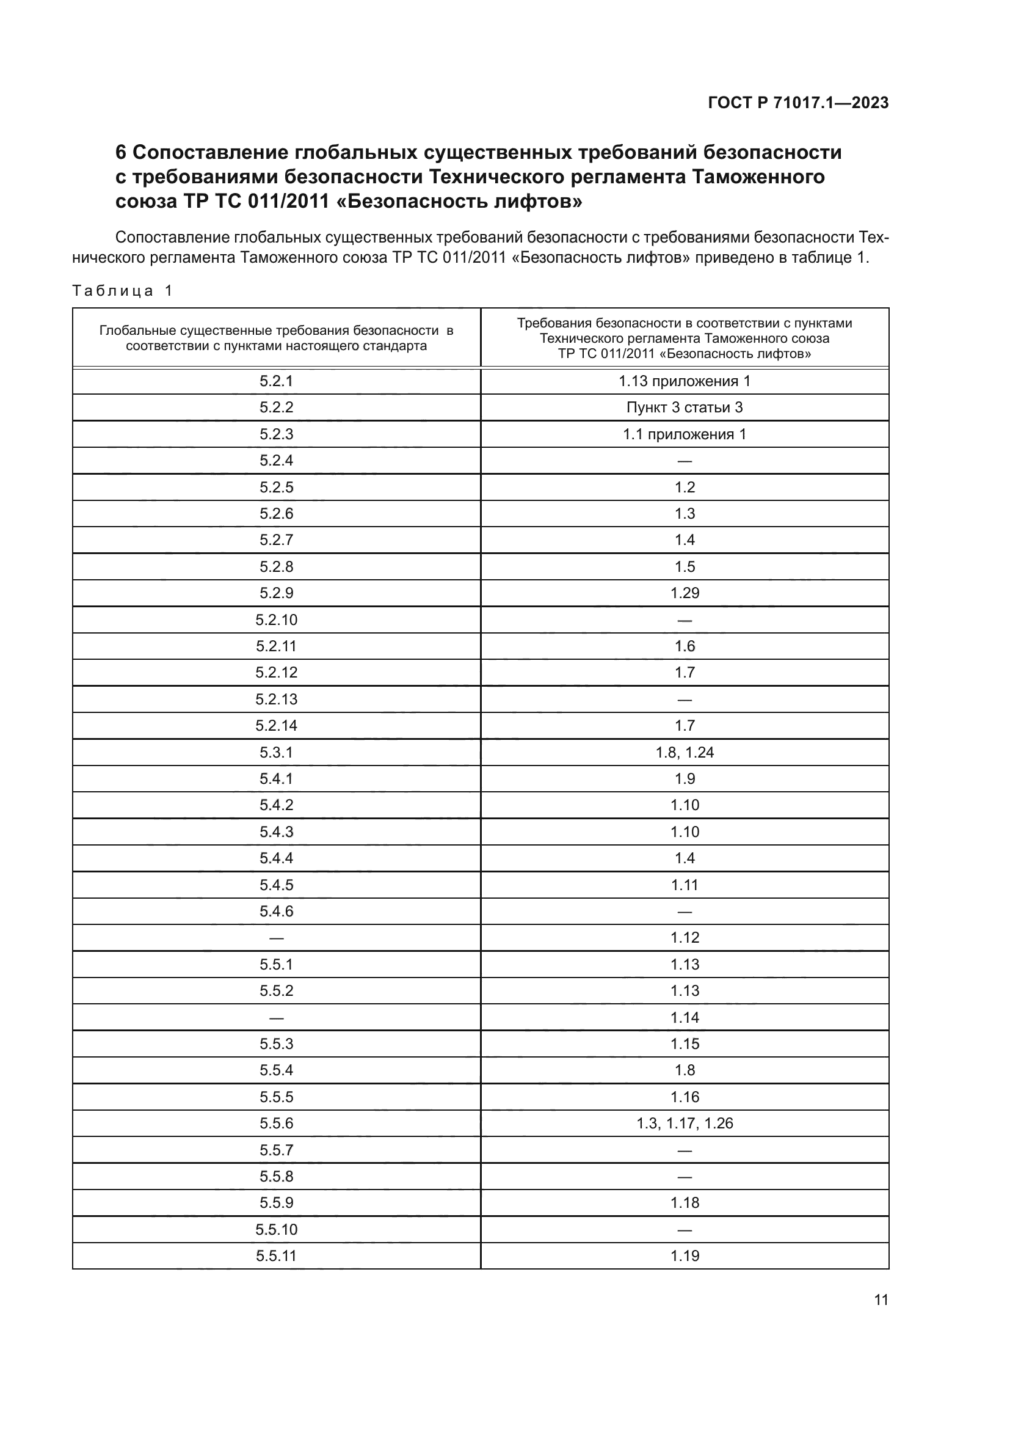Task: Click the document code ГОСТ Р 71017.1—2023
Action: pos(798,103)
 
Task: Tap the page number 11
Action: pos(881,1299)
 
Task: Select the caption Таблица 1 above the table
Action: pos(123,291)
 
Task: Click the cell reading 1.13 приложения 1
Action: pos(684,381)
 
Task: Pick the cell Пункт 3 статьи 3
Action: pos(684,407)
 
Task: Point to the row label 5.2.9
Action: pos(276,593)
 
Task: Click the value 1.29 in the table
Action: pos(684,593)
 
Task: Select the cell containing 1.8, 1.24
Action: pos(684,752)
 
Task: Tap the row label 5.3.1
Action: pos(276,752)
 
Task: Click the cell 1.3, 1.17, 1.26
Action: pos(684,1123)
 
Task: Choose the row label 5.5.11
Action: pos(276,1255)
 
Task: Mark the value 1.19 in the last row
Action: pos(684,1255)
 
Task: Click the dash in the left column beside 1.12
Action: pos(276,938)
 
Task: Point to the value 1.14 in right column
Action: pos(684,1017)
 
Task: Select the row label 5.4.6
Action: pos(276,911)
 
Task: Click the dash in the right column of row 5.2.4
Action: pos(684,461)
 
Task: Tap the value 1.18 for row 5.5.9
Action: pos(684,1202)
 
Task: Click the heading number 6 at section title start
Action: pos(121,153)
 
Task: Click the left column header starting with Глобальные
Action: pos(276,338)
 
